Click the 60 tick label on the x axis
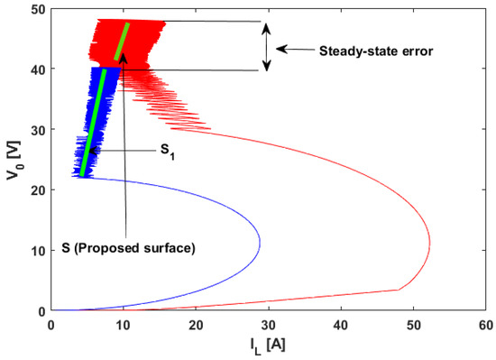coord(484,325)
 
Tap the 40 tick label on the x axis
coord(340,325)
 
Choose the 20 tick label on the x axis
coord(196,325)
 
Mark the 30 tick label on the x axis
coord(268,325)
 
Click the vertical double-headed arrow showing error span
coord(266,46)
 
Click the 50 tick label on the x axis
coord(412,325)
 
